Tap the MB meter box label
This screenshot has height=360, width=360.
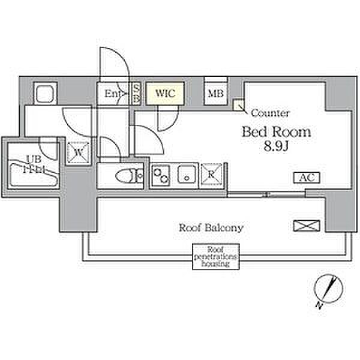[215, 93]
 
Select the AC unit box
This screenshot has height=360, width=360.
[307, 178]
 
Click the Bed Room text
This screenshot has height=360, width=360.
[276, 132]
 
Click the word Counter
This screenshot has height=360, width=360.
[270, 113]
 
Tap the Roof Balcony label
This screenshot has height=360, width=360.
[211, 228]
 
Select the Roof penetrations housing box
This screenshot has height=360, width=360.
[215, 257]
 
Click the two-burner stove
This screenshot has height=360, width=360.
[161, 176]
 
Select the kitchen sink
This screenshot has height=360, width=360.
[186, 176]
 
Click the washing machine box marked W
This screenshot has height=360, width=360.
[77, 151]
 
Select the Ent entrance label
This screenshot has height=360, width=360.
[113, 94]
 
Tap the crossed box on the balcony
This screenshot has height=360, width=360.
[302, 226]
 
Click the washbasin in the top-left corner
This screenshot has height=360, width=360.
[45, 94]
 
